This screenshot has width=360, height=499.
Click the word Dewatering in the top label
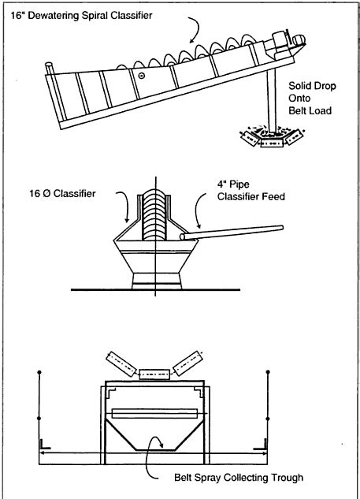[x=52, y=16]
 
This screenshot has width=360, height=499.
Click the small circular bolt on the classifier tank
[x=142, y=76]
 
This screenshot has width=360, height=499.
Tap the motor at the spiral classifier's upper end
[x=299, y=40]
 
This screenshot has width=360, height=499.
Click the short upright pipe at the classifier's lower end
[x=50, y=69]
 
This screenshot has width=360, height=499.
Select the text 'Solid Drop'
[x=312, y=86]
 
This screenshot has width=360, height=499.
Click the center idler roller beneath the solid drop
[x=272, y=143]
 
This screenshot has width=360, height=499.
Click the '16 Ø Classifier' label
[x=62, y=193]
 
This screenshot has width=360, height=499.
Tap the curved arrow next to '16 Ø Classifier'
[x=127, y=204]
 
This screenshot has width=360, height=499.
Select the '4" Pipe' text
[x=233, y=184]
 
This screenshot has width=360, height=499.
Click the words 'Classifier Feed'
[x=251, y=196]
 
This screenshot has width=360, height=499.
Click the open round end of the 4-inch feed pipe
[x=183, y=236]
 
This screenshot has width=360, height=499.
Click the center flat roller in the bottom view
[x=154, y=374]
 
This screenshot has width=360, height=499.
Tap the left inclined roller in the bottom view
[x=122, y=363]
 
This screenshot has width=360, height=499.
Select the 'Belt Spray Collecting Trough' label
[x=239, y=478]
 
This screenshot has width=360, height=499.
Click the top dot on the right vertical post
[x=268, y=372]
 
